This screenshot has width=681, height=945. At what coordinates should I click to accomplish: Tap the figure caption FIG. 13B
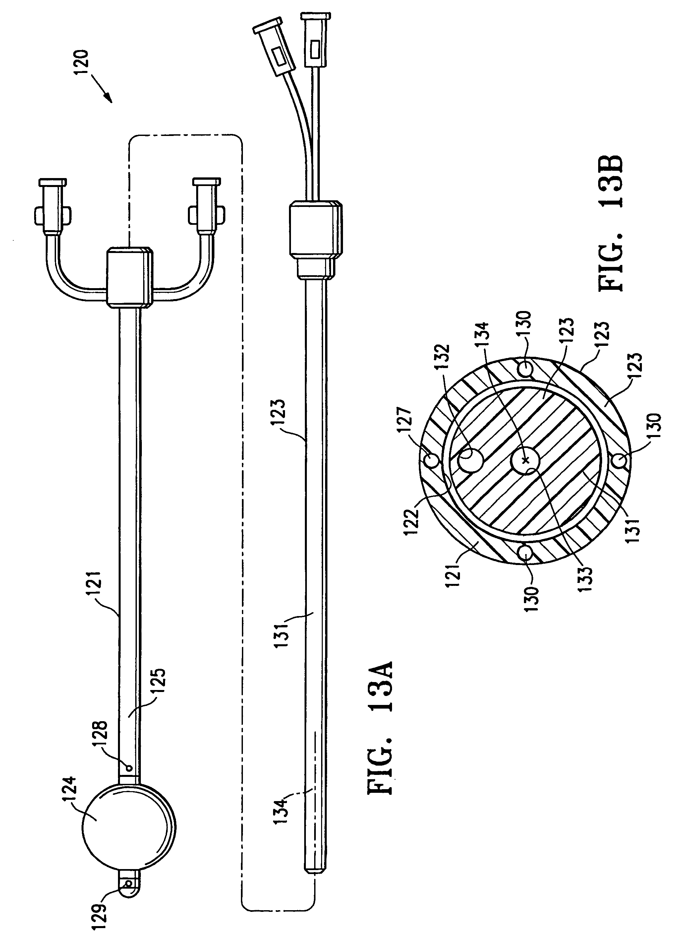(611, 222)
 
